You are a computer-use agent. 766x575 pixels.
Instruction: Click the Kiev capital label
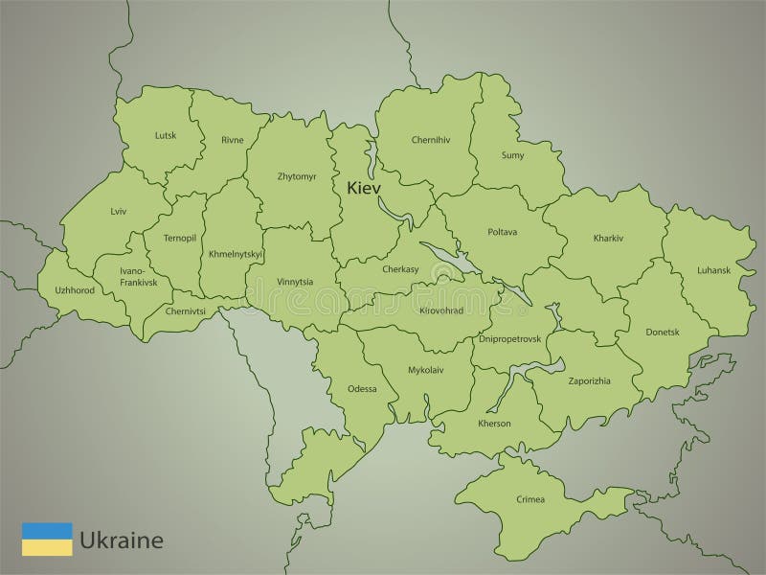[x=365, y=187]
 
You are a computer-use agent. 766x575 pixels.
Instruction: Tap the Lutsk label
[x=166, y=136]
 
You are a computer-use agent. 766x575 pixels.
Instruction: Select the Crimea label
[x=529, y=499]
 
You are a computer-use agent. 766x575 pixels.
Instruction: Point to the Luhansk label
[x=713, y=271]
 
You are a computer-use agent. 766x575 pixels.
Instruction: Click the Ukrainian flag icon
[x=47, y=539]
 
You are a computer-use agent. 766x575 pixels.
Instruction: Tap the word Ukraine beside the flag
[x=122, y=540]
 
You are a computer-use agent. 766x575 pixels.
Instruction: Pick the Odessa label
[x=362, y=389]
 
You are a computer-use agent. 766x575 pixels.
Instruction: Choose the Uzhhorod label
[x=75, y=289]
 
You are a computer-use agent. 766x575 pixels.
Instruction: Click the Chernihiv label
[x=431, y=140]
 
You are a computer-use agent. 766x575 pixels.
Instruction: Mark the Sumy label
[x=513, y=154]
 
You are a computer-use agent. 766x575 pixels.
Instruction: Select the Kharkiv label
[x=609, y=237]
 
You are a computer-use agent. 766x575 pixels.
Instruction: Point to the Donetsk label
[x=662, y=333]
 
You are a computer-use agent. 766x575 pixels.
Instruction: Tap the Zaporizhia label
[x=590, y=380]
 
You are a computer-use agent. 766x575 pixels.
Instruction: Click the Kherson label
[x=494, y=423]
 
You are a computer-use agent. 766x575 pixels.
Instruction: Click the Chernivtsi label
[x=186, y=311]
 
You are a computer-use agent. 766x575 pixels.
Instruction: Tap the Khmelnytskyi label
[x=236, y=254]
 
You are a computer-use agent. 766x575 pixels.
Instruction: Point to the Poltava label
[x=502, y=232]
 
